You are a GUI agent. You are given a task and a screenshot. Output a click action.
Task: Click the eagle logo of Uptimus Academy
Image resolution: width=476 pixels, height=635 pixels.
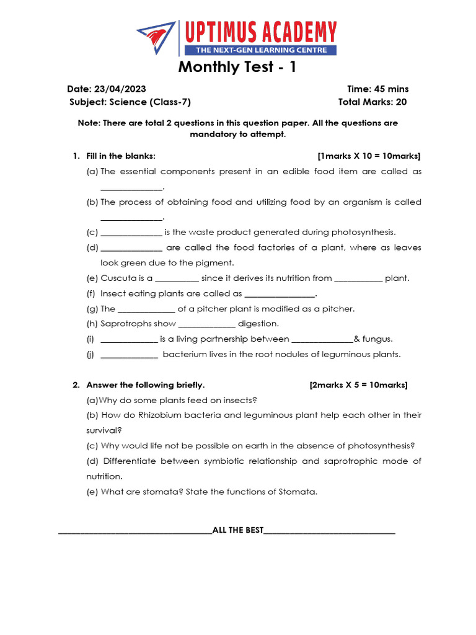tap(156, 37)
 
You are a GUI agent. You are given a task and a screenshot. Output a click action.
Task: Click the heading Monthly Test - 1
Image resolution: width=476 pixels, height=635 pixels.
tap(237, 67)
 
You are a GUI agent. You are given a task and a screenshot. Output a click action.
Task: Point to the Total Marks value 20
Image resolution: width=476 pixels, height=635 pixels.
tap(402, 102)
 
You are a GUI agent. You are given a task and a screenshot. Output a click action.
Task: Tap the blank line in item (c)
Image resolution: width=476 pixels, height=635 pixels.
tap(131, 233)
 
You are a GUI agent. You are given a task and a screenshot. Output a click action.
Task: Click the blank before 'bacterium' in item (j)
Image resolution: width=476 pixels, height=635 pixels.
tap(129, 355)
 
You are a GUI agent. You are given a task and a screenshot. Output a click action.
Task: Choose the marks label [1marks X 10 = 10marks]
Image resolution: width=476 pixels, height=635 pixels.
tap(369, 156)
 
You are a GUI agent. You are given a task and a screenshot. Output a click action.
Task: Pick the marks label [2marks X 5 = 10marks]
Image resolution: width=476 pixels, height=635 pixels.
tap(358, 385)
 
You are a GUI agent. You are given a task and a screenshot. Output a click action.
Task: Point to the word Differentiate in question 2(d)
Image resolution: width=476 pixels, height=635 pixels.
tap(129, 461)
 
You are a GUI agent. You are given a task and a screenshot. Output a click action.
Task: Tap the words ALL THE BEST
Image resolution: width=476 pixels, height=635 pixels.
tap(237, 530)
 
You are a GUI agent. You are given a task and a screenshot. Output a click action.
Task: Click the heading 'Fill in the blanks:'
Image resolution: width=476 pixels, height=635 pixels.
tap(121, 156)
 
